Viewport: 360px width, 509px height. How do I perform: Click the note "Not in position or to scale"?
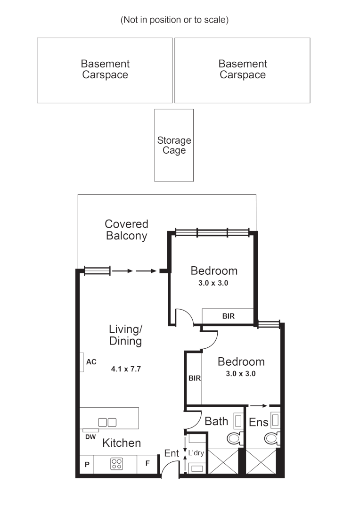(x=175, y=20)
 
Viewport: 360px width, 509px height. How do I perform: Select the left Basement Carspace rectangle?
(x=105, y=70)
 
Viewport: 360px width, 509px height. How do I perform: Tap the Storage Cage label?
(x=174, y=145)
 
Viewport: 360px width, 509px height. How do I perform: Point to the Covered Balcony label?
(x=126, y=230)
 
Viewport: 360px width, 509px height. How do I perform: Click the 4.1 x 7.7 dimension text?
(x=126, y=369)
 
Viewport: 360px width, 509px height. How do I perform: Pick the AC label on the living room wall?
(x=91, y=362)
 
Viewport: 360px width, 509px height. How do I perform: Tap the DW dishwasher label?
(x=90, y=437)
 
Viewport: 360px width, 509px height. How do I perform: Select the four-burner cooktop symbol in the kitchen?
(x=116, y=464)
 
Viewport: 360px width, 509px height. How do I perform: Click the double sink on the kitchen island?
(x=107, y=422)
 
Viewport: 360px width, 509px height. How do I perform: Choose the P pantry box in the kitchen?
(x=87, y=464)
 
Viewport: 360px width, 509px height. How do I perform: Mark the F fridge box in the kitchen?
(x=147, y=464)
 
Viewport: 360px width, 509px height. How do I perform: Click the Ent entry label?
(x=172, y=453)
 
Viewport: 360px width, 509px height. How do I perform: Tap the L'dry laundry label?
(x=196, y=453)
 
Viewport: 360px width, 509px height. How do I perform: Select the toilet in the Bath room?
(x=234, y=438)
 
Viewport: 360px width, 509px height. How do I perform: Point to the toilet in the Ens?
(x=271, y=438)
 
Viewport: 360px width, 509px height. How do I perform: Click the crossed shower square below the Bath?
(x=223, y=461)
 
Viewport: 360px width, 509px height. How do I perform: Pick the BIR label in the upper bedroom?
(x=229, y=316)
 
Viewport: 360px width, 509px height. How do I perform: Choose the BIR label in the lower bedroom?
(x=194, y=378)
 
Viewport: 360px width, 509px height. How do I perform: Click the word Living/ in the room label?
(x=125, y=328)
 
